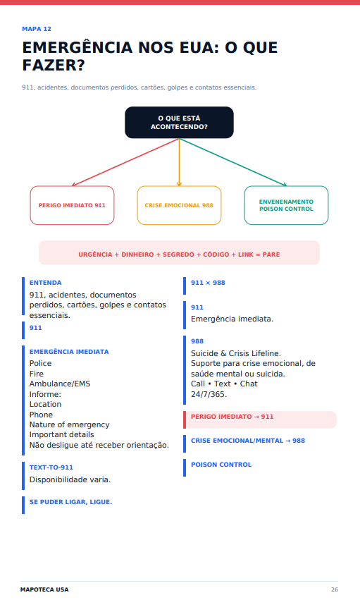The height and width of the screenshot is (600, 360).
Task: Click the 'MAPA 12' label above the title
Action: pyautogui.click(x=37, y=29)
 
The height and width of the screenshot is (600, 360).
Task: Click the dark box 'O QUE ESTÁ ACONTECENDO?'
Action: pyautogui.click(x=179, y=123)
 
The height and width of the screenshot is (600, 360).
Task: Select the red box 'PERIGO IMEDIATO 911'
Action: pyautogui.click(x=73, y=205)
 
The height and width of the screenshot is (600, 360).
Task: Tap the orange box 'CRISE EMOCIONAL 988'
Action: pyautogui.click(x=179, y=205)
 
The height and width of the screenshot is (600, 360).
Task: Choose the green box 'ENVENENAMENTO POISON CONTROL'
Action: pyautogui.click(x=286, y=205)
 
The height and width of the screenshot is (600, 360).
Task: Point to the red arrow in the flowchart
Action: pyautogui.click(x=125, y=162)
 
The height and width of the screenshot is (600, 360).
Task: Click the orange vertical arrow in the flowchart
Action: pyautogui.click(x=179, y=162)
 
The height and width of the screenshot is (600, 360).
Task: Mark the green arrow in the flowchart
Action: pyautogui.click(x=232, y=162)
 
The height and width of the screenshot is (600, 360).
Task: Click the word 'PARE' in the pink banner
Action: pyautogui.click(x=271, y=255)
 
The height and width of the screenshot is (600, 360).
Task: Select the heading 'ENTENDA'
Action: pyautogui.click(x=46, y=283)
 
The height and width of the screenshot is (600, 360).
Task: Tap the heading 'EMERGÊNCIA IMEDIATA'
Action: pyautogui.click(x=69, y=352)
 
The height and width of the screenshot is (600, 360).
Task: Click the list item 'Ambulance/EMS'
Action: pyautogui.click(x=60, y=384)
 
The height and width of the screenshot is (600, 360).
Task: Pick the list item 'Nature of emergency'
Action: pyautogui.click(x=70, y=424)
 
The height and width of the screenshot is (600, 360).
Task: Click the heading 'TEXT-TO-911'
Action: pyautogui.click(x=51, y=467)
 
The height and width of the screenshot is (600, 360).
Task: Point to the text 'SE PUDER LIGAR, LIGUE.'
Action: pyautogui.click(x=70, y=502)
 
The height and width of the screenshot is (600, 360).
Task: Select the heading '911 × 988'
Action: pyautogui.click(x=208, y=283)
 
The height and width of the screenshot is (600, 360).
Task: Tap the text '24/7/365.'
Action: pyautogui.click(x=209, y=395)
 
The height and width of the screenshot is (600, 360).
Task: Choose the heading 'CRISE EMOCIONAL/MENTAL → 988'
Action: pyautogui.click(x=248, y=441)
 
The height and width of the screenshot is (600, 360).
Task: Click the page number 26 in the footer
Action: pyautogui.click(x=335, y=589)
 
